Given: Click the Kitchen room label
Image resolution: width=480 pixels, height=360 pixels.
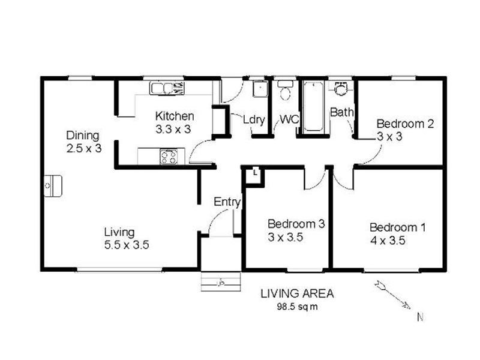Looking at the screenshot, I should click(175, 116).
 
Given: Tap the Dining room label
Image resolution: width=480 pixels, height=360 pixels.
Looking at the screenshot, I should click(83, 135).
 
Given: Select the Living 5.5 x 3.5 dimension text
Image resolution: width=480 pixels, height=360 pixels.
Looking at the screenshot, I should click(126, 245).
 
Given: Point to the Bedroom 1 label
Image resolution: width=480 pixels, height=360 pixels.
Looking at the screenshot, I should click(397, 227).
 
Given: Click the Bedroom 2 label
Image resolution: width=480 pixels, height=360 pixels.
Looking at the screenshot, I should click(405, 124).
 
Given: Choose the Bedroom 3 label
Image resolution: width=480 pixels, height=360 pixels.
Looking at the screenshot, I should click(296, 224).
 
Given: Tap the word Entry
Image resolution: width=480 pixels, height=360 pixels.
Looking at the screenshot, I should click(227, 202).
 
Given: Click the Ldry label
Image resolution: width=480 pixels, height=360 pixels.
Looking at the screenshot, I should click(254, 119).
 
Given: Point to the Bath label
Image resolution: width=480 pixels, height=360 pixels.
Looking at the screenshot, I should click(341, 112).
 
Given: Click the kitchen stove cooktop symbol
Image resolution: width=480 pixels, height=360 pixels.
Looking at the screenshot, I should click(169, 157).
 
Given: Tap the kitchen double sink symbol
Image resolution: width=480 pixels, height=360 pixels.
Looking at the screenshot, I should click(167, 89).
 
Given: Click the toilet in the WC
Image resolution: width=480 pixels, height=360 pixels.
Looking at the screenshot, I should click(286, 91).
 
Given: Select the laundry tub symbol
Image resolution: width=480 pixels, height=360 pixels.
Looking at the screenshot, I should click(259, 89).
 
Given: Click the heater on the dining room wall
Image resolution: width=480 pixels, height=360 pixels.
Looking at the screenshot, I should click(52, 186).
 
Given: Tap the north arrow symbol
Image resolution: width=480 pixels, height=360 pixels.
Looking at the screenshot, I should click(393, 296).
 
